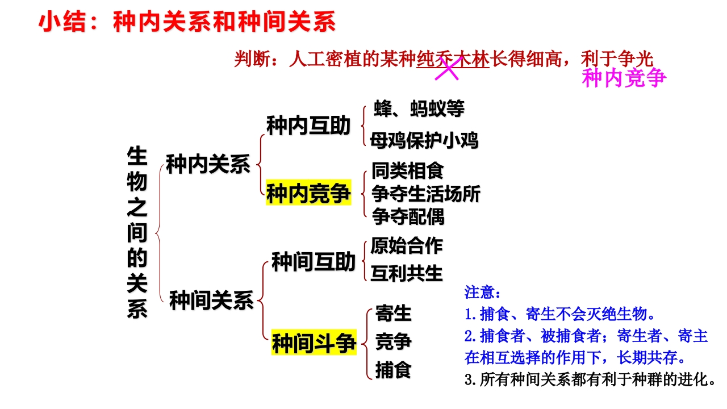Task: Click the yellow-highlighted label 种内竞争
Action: pos(308,193)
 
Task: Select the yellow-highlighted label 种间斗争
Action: pos(314,343)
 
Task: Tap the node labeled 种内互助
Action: pos(308,126)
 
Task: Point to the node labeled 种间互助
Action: pos(314,262)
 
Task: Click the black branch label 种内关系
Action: pos(208,164)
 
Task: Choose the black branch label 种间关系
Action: pos(211,301)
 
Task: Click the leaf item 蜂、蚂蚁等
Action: pos(419,108)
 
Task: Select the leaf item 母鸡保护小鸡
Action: pos(424,140)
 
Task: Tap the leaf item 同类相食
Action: pos(407,171)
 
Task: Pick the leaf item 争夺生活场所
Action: pos(426,194)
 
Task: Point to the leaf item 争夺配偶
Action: pos(408,216)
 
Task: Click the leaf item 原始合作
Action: pos(407,245)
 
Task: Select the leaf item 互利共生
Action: pos(407,273)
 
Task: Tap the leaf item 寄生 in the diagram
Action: pos(394,313)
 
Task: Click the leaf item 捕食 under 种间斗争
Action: pos(394,370)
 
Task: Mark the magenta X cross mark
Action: pos(447,69)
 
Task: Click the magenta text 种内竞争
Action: pos(624,78)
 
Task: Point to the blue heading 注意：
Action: pos(483,292)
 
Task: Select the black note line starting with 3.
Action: pos(590,379)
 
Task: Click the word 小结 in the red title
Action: pos(62,22)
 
